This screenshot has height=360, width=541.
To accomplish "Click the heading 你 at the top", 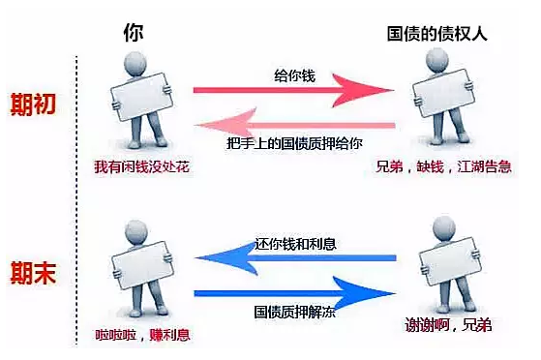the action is tap(135, 32).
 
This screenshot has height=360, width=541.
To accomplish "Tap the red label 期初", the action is tap(33, 104).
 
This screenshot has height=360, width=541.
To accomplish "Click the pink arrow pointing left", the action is tap(294, 125).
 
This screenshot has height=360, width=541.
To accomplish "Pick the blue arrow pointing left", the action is tap(294, 258).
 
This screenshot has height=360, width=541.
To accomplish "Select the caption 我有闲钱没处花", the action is tap(135, 168).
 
